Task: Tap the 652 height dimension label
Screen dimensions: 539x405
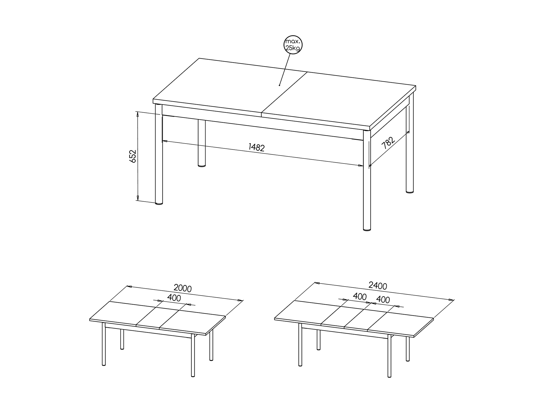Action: (133, 156)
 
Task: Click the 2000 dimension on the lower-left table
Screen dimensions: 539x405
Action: (183, 288)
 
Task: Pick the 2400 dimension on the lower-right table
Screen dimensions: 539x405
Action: (378, 285)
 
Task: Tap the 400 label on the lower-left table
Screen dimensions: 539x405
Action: (174, 298)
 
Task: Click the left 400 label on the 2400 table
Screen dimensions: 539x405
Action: (360, 296)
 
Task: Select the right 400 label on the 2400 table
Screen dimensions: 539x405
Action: (383, 300)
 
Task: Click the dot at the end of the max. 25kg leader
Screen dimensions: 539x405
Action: (280, 85)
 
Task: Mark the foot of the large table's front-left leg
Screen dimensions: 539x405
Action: (159, 203)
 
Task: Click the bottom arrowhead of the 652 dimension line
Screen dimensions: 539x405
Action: (137, 198)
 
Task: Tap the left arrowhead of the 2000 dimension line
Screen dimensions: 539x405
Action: (130, 286)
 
